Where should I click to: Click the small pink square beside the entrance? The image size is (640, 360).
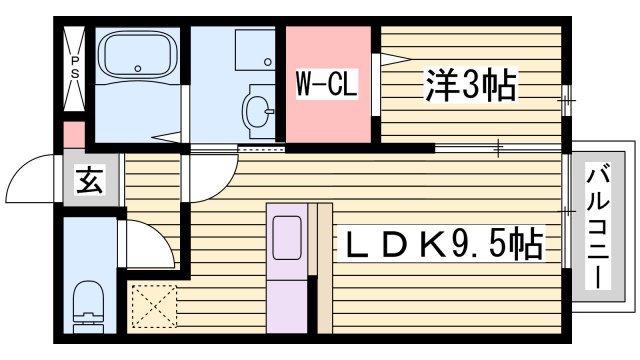click(x=72, y=134)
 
